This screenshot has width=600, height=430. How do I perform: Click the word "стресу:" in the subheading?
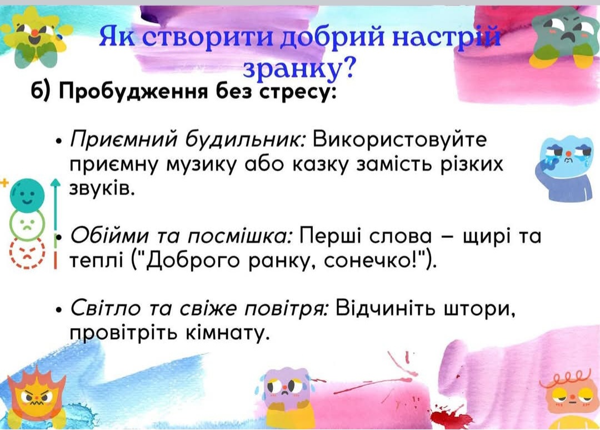pos(294,93)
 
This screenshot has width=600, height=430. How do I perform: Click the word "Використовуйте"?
pos(400,139)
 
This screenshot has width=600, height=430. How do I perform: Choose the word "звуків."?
pos(102,188)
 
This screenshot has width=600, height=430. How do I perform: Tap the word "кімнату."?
pos(226,333)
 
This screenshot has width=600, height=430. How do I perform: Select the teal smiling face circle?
pos(27,196)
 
